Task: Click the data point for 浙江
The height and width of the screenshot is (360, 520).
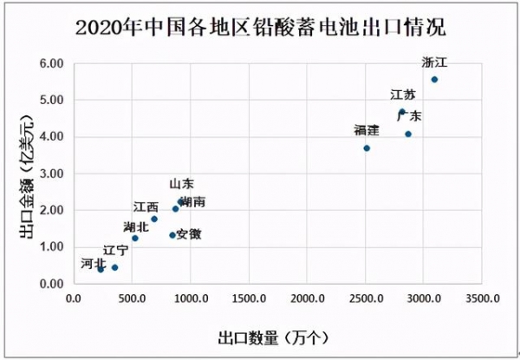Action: pos(434,80)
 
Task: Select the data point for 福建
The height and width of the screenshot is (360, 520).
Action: pos(367,148)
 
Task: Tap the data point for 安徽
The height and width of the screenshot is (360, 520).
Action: pos(172,235)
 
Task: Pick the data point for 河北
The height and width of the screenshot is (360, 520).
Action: pos(101,269)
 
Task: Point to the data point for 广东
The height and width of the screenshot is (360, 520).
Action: pos(408,134)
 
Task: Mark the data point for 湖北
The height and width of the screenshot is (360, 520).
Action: pos(135,238)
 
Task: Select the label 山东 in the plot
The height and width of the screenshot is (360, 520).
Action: pos(181,184)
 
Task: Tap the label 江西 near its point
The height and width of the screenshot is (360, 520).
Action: pos(146,207)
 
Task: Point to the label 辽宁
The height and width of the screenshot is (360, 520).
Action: pos(115,251)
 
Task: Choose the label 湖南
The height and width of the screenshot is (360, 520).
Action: pos(192,201)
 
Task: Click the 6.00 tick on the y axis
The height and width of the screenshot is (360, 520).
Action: pos(51,64)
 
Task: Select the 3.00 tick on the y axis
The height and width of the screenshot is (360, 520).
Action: pos(51,173)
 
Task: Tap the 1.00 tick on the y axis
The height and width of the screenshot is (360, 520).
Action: pos(51,247)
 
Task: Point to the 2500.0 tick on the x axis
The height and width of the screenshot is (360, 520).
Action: pos(365,299)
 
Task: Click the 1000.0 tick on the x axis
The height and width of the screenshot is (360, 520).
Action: pos(190,299)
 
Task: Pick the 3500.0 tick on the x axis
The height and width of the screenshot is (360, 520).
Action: pos(482,299)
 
